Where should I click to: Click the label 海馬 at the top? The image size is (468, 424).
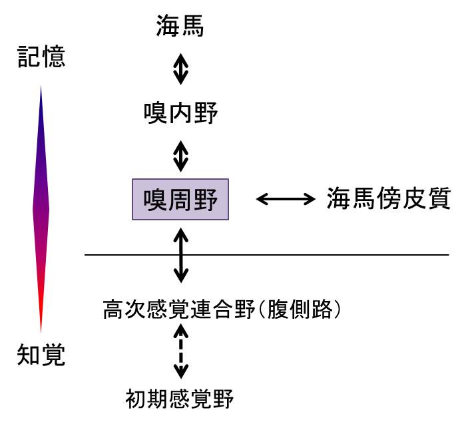point(180,27)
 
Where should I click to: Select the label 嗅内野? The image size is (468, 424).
point(180,113)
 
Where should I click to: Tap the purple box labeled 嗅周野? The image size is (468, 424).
point(180,199)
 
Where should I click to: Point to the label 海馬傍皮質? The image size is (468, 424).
point(389,198)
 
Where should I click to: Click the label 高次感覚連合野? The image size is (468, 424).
point(178,309)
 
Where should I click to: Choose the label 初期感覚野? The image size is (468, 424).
point(180,399)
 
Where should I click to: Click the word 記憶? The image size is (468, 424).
point(41,57)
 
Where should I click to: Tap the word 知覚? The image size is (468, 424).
point(41,355)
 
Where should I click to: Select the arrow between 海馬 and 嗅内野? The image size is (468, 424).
point(180,70)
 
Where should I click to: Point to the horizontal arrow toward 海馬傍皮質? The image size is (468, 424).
point(286,198)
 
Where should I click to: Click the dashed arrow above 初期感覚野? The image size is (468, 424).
point(180,354)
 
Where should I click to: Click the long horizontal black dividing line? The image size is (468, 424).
point(333,255)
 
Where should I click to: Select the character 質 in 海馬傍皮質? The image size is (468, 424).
point(439,198)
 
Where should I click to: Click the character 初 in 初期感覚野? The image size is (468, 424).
point(136,399)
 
